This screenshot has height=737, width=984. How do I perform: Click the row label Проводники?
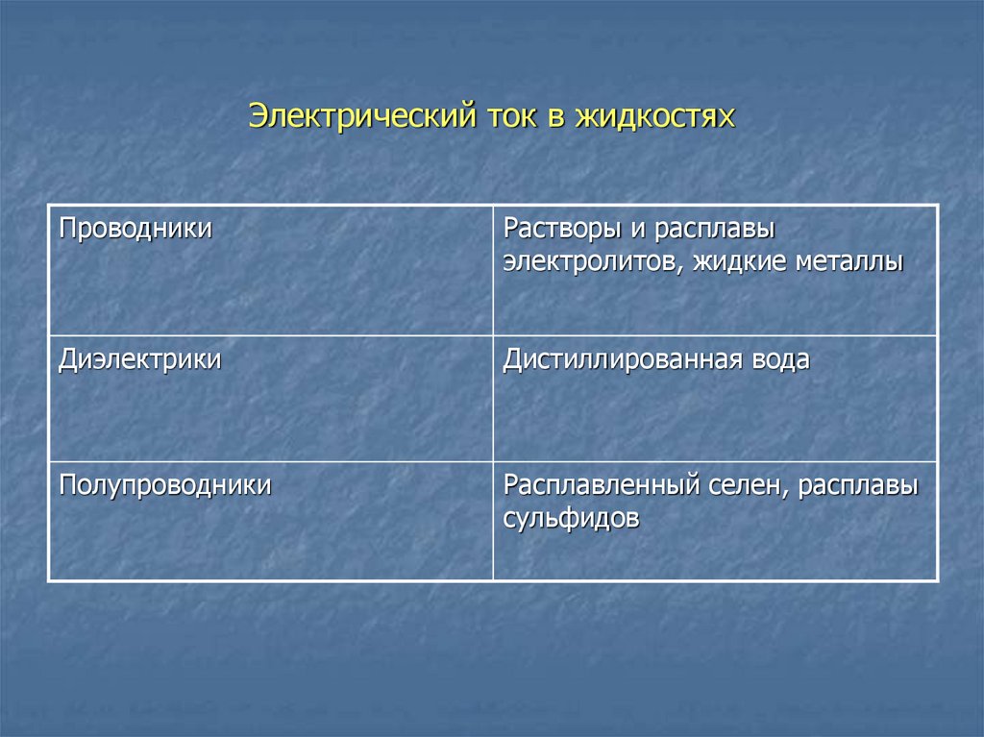point(135,231)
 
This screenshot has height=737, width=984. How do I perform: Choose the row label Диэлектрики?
point(140,360)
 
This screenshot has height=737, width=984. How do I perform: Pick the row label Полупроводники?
point(165,485)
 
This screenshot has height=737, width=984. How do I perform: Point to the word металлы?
point(849,262)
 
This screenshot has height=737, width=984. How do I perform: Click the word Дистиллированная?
point(618,360)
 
